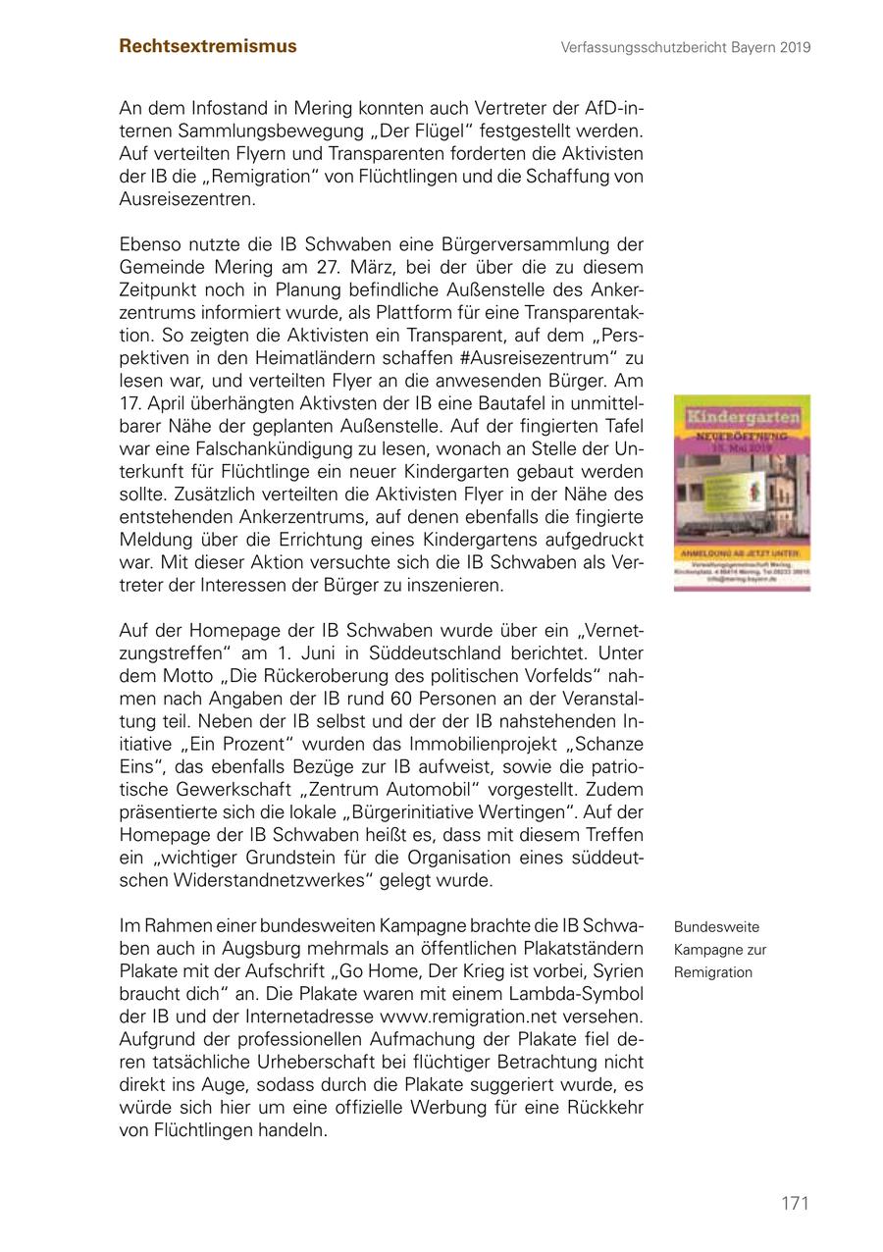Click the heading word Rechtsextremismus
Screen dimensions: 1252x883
(208, 46)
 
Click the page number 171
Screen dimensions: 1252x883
(795, 1203)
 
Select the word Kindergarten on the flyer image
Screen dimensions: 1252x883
(742, 417)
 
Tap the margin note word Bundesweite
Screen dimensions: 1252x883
(716, 927)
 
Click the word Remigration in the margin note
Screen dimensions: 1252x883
(713, 972)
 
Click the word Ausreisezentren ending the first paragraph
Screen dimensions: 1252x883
(186, 198)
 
